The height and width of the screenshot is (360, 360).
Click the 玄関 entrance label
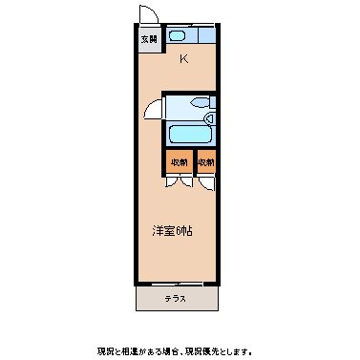click(x=148, y=40)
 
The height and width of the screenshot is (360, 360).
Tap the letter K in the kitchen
click(x=183, y=60)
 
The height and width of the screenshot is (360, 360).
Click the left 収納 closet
click(x=179, y=161)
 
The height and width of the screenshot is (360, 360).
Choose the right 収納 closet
click(x=206, y=161)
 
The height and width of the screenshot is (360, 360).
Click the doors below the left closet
click(x=179, y=180)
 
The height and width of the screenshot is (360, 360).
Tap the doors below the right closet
click(x=206, y=180)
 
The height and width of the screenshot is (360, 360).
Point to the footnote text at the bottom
click(x=180, y=349)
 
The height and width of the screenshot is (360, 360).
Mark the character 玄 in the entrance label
click(x=144, y=40)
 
